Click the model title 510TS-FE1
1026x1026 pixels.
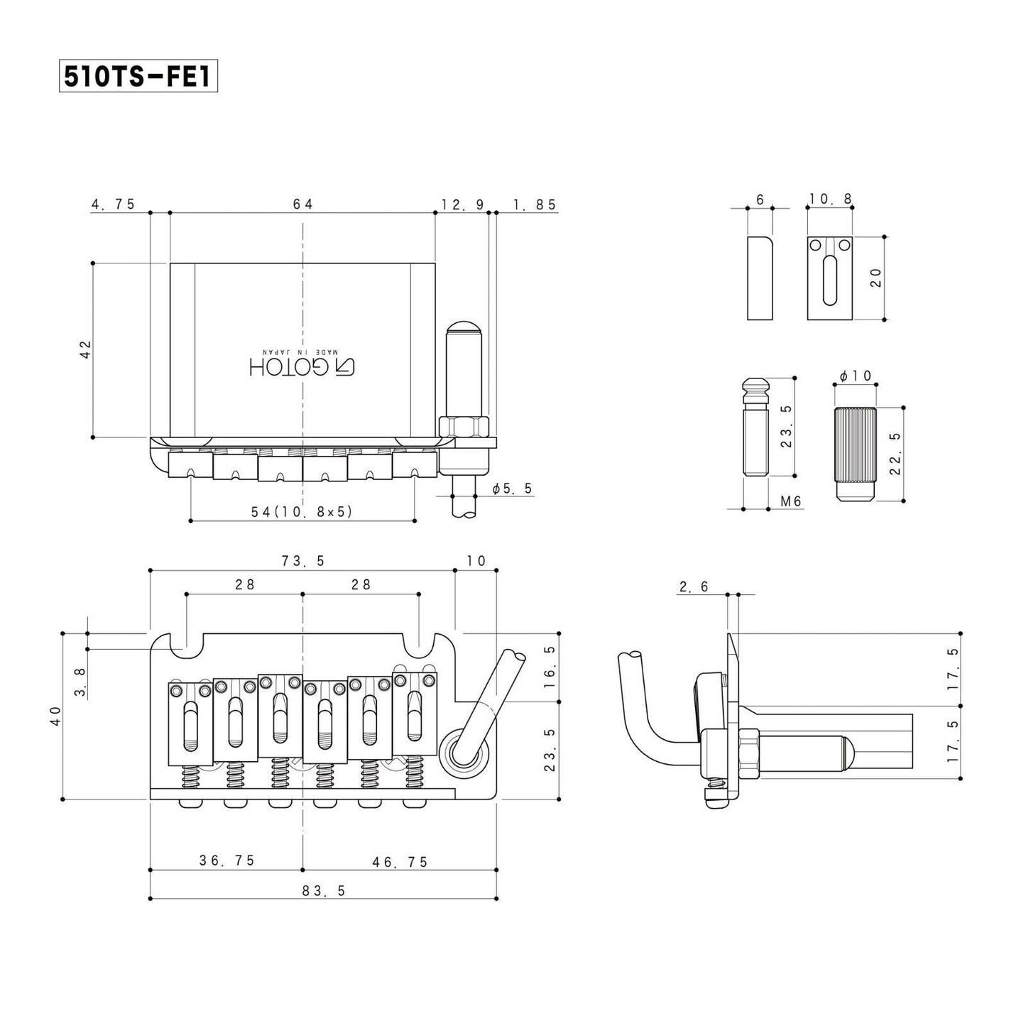[138, 77]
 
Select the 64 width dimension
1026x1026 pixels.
[302, 204]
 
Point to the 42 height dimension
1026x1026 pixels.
[85, 349]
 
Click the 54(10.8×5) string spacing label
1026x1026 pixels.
[303, 511]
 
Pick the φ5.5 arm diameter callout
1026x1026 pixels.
[512, 489]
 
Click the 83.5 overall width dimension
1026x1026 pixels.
[323, 890]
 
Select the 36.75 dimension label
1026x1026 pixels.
[227, 861]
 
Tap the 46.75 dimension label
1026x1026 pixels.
[400, 861]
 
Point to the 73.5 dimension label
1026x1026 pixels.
[302, 561]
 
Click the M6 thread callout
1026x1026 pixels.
[790, 501]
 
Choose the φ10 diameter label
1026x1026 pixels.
[855, 376]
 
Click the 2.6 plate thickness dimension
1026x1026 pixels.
[694, 586]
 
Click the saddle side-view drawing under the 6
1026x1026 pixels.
[760, 278]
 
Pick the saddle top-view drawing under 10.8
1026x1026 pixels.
[829, 278]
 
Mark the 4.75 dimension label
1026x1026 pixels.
[113, 204]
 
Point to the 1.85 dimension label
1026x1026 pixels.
[535, 204]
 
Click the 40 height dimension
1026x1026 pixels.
[56, 715]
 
